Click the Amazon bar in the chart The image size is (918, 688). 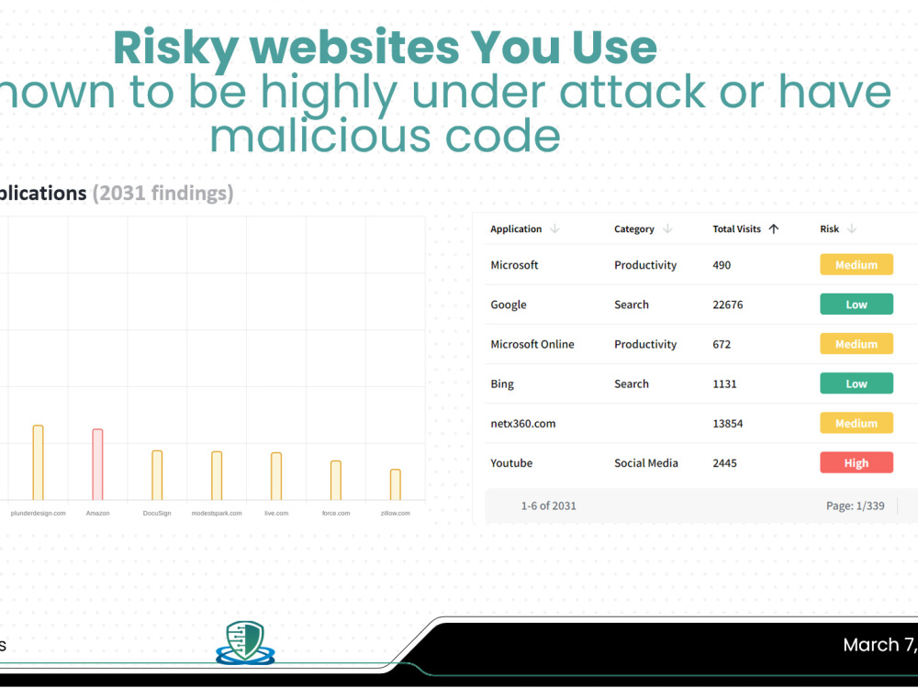coord(97,464)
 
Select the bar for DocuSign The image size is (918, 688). coord(157,475)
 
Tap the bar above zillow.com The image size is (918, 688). coord(395,484)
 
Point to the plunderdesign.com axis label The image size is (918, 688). coord(38,514)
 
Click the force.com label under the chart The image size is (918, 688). coord(336,514)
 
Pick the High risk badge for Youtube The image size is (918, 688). coord(856,463)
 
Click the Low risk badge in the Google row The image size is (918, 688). coord(856,305)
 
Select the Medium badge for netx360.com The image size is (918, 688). coord(856,424)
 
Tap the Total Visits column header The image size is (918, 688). coord(737,229)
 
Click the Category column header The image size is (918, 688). coord(634,229)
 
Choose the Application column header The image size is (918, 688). coord(516,229)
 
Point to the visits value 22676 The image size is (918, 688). coord(728,305)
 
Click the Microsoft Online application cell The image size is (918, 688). coord(532,344)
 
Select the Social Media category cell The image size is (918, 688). coord(646,463)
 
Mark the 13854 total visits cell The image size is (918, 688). coord(728,424)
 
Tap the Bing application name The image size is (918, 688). coord(502,384)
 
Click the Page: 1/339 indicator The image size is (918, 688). coord(856,505)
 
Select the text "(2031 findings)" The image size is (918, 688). coord(162,194)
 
